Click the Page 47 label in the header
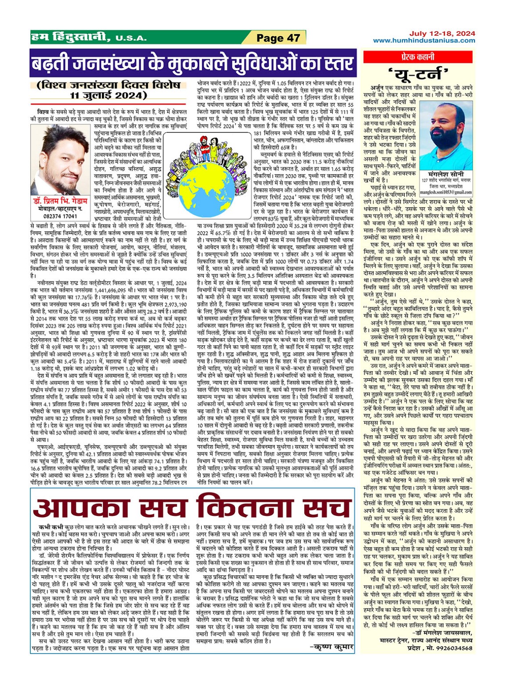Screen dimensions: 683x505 click(x=279, y=38)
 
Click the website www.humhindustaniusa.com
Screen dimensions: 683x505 click(x=424, y=41)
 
